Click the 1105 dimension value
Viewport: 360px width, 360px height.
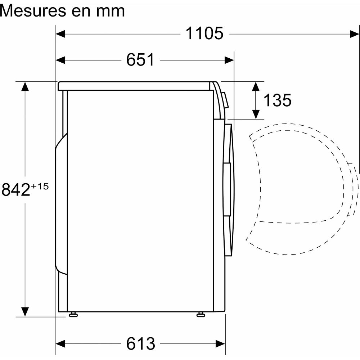tap(204, 34)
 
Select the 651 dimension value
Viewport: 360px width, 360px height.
tap(140, 60)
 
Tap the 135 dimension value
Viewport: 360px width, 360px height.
tap(277, 100)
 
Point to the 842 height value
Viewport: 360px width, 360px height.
tap(16, 190)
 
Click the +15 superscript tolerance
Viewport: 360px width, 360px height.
tap(40, 186)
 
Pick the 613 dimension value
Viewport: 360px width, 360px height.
tap(140, 344)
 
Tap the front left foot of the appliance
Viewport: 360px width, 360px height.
tap(73, 315)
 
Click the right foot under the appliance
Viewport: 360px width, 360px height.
tap(200, 315)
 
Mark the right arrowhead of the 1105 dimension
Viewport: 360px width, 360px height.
tap(354, 34)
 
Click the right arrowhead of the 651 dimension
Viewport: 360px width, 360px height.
tap(229, 60)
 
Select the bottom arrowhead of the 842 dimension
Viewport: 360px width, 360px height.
tap(25, 312)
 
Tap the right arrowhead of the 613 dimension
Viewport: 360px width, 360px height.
tap(220, 343)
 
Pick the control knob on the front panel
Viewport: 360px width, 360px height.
tap(225, 100)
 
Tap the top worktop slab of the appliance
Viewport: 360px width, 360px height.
tap(135, 86)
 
